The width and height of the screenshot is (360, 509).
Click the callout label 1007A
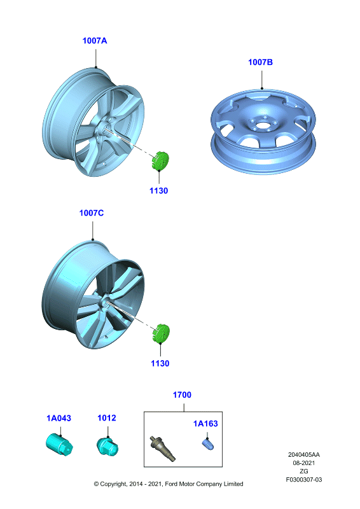click(x=95, y=41)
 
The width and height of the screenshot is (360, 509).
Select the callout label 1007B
click(x=260, y=62)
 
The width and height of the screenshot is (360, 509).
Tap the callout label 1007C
click(x=91, y=213)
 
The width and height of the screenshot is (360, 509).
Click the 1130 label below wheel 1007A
click(x=158, y=190)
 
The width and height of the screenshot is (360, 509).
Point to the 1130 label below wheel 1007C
click(x=160, y=363)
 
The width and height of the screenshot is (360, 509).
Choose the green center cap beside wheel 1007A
click(x=160, y=161)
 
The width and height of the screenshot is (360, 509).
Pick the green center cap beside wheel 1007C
click(x=161, y=333)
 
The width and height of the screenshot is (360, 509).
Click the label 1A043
click(x=59, y=418)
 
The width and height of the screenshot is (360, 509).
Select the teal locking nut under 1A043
click(x=59, y=445)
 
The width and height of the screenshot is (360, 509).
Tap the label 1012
click(x=107, y=418)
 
